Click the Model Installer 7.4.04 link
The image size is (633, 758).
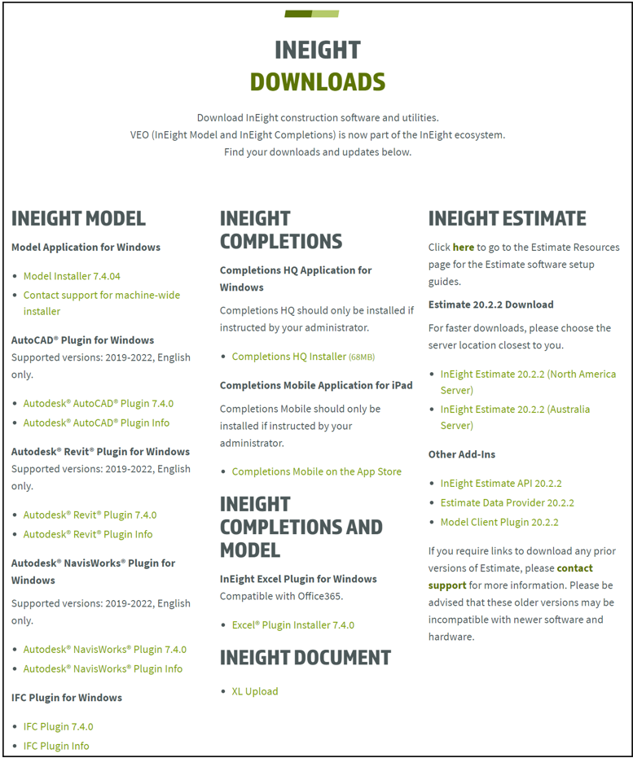pyautogui.click(x=72, y=276)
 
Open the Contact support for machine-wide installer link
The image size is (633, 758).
pyautogui.click(x=101, y=295)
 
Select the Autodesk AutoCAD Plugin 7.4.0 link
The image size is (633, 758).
pyautogui.click(x=98, y=403)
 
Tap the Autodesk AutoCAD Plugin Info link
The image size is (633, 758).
pyautogui.click(x=96, y=423)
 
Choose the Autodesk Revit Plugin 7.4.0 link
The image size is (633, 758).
pyautogui.click(x=90, y=515)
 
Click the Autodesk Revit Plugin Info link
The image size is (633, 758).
pyautogui.click(x=88, y=534)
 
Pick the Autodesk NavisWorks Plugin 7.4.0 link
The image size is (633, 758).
pyautogui.click(x=104, y=649)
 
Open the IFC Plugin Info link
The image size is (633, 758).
pyautogui.click(x=56, y=746)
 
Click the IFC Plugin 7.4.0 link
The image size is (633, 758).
pyautogui.click(x=58, y=726)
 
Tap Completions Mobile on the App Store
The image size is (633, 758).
pyautogui.click(x=316, y=471)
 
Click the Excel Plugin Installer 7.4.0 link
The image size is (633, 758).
pyautogui.click(x=292, y=625)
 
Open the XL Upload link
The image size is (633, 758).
pyautogui.click(x=254, y=691)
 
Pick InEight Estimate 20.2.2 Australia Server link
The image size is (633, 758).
pyautogui.click(x=515, y=409)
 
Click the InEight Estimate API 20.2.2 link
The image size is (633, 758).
pyautogui.click(x=501, y=483)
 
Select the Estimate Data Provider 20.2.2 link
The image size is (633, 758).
pyautogui.click(x=507, y=502)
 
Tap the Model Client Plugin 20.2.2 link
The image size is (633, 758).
pyautogui.click(x=499, y=522)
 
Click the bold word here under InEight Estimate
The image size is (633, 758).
pyautogui.click(x=463, y=247)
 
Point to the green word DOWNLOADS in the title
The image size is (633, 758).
pyautogui.click(x=317, y=82)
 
